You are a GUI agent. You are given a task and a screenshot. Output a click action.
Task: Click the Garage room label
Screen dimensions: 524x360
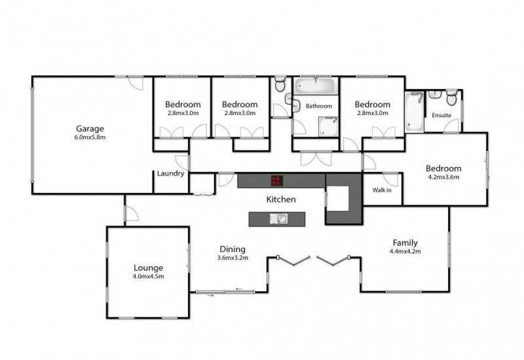pos(90,128)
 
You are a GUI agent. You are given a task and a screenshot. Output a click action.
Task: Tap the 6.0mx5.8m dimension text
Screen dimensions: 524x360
pos(90,137)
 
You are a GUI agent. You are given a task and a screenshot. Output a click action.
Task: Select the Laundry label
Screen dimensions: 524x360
pos(170,173)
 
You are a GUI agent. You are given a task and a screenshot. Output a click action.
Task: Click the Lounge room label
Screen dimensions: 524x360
pos(149,268)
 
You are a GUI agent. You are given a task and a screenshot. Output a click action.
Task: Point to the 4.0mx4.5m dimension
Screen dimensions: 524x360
pos(149,276)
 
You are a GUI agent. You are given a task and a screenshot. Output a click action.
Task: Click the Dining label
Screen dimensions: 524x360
pos(233,249)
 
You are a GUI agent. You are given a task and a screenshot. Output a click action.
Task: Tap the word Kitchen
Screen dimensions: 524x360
pos(281,200)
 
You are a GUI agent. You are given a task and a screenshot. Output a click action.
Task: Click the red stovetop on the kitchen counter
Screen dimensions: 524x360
pos(276,181)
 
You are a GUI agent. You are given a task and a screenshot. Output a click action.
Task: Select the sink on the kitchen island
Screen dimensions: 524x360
pos(278,219)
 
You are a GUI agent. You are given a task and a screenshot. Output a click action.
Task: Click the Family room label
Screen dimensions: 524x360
pos(405,243)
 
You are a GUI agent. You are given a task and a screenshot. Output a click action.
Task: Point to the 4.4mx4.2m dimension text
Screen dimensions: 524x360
pos(405,251)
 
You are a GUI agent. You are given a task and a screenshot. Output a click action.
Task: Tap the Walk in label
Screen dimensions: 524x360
pos(382,190)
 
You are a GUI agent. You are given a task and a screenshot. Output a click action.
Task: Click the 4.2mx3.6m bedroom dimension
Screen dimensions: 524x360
pos(443,177)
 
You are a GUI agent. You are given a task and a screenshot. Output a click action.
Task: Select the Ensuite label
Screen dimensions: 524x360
pos(441,115)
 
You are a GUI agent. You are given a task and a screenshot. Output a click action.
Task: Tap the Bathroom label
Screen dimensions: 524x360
pos(319,106)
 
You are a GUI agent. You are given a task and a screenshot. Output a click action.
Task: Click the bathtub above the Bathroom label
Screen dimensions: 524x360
pos(316,86)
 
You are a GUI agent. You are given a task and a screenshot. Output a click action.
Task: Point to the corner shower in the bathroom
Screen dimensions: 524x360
pos(329,126)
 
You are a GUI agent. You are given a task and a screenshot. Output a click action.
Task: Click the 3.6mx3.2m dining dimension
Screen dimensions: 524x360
pos(233,258)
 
